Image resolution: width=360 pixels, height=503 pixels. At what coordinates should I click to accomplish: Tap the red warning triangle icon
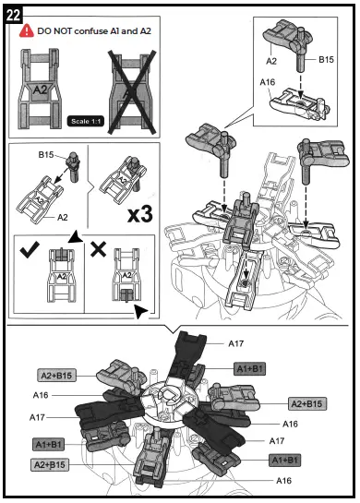pos(27,30)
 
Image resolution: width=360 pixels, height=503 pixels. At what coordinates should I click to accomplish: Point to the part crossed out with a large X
pos(135,88)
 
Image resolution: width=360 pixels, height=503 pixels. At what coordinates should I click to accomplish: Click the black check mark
pos(28,250)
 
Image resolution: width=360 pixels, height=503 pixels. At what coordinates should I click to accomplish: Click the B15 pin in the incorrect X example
pos(124,295)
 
